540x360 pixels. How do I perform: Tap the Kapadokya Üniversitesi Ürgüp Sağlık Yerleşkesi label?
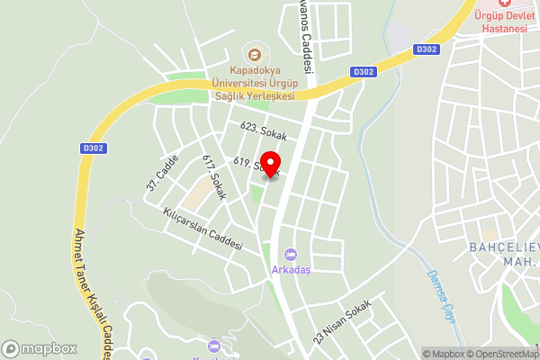pyautogui.click(x=253, y=83)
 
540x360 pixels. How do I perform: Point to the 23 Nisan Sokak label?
pyautogui.click(x=342, y=321)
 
